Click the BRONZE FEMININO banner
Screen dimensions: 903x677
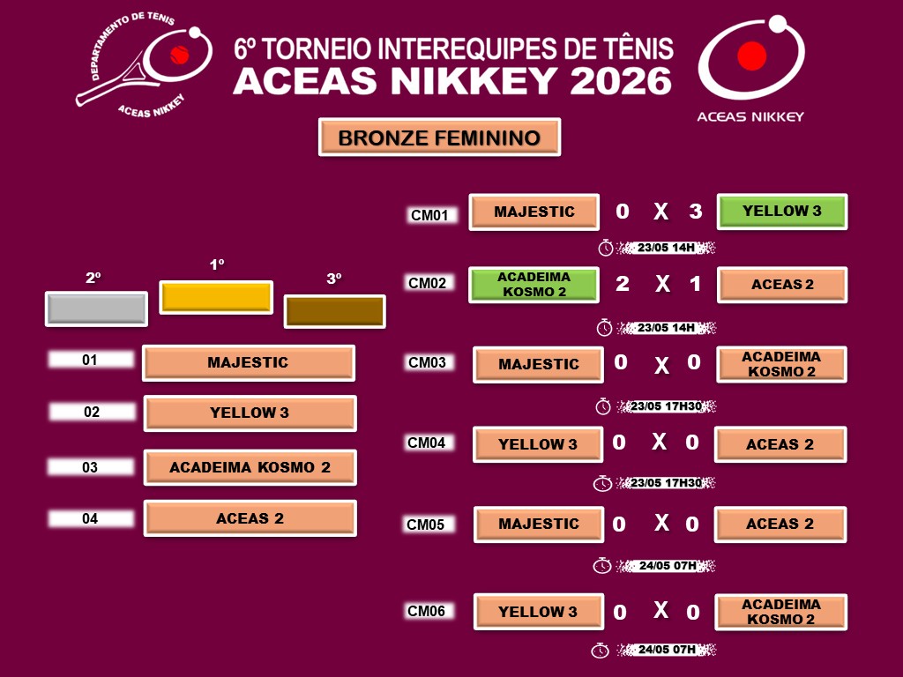coord(439,137)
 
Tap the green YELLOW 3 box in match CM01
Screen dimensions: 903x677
coord(782,212)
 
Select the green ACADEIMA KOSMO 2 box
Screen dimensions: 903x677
coord(534,285)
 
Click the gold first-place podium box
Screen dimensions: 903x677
coord(216,297)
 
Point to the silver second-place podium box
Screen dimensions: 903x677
coord(96,309)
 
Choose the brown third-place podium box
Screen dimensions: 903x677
coord(334,311)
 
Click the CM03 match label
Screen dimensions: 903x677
coord(428,362)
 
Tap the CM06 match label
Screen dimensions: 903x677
coord(426,611)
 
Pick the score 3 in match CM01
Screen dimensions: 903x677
coord(696,212)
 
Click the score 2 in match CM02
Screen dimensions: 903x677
coord(623,284)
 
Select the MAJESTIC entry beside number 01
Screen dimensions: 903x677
coord(248,362)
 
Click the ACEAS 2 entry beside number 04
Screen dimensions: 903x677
coord(250,518)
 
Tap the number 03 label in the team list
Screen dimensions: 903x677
coord(91,467)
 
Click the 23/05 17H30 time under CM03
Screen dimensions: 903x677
coord(667,406)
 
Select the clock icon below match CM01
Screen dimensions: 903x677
coord(605,248)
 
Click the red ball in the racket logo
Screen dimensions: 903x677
coord(180,56)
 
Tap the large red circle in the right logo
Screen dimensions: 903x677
coord(751,56)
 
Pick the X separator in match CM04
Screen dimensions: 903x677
coord(660,443)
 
